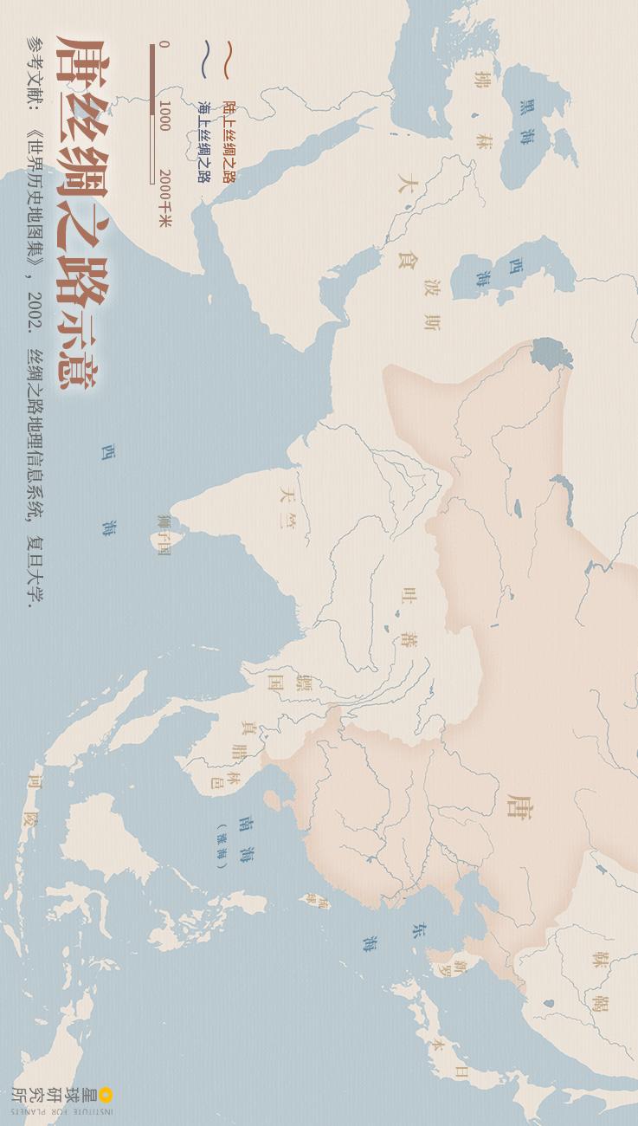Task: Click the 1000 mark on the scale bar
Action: coord(164,115)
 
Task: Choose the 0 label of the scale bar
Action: coord(164,45)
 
